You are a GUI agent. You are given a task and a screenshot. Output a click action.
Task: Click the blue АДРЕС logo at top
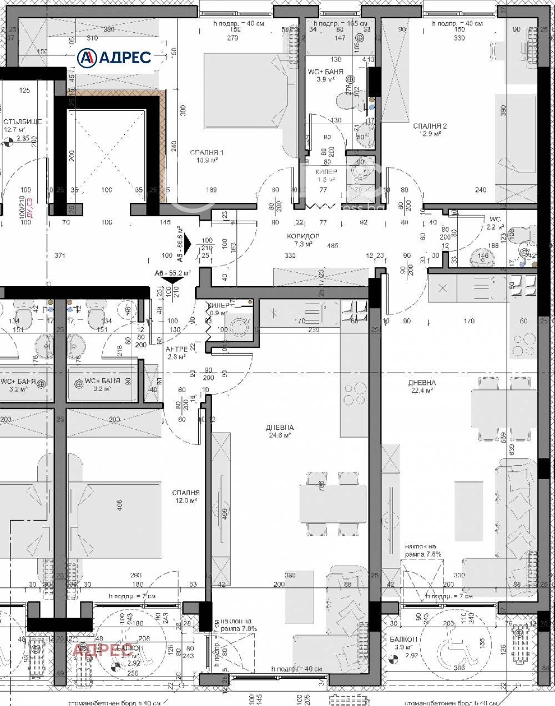click(x=114, y=57)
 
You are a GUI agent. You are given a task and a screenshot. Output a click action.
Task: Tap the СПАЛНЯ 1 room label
click(x=206, y=153)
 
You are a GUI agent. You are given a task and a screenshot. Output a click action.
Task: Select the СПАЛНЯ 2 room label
click(x=430, y=126)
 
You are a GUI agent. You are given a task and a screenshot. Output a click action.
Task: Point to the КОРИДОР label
click(x=303, y=236)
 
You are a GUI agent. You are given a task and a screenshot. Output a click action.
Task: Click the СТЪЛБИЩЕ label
click(x=22, y=121)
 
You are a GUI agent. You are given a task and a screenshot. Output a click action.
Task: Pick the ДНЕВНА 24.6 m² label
click(x=280, y=428)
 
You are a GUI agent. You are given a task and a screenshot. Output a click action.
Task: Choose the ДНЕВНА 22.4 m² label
click(x=422, y=383)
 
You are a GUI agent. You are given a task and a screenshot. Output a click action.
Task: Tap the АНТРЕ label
click(x=177, y=349)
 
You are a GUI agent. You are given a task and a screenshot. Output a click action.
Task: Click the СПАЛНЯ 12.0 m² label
click(x=186, y=492)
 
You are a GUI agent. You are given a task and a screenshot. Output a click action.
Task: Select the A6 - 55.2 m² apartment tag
click(x=173, y=273)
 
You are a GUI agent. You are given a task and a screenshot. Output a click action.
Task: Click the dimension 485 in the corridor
click(x=332, y=245)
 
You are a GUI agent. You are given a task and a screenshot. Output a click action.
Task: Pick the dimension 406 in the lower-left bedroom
click(x=119, y=505)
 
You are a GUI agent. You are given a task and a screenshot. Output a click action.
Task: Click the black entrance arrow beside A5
click(x=188, y=243)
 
